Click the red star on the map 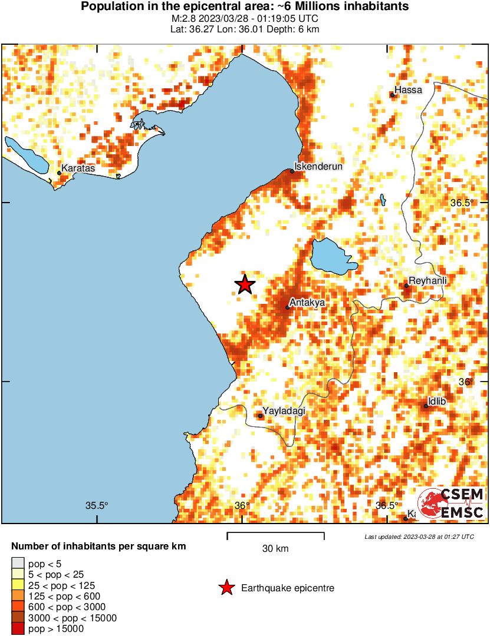point(245,284)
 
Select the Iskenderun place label point(318,167)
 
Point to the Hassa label point(408,90)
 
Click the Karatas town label point(78,168)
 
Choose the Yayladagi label point(284,410)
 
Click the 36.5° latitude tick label point(462,203)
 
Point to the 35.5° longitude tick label point(97,505)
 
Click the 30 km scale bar point(275,536)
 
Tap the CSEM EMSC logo point(451,503)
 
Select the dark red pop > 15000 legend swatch point(18,629)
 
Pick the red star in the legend point(225,588)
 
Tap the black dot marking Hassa point(393,95)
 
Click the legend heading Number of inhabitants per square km point(98,546)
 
